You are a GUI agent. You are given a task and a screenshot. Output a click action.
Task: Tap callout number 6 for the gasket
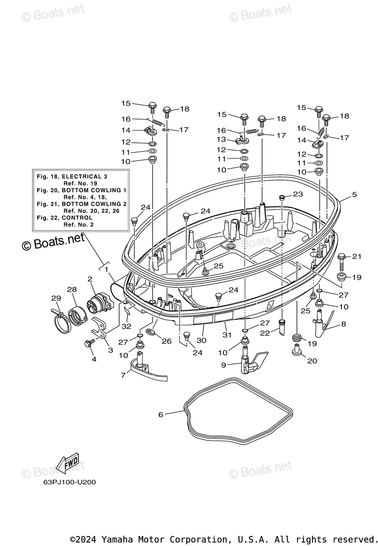point(161,415)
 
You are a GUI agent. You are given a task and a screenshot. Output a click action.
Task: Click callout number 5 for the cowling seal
point(354,195)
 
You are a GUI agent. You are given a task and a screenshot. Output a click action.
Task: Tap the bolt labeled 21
point(342,260)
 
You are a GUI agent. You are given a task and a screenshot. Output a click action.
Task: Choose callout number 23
point(297,194)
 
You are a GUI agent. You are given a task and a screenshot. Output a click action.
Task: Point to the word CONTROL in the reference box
point(78,218)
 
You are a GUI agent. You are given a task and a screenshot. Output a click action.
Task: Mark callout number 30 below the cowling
point(202,340)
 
